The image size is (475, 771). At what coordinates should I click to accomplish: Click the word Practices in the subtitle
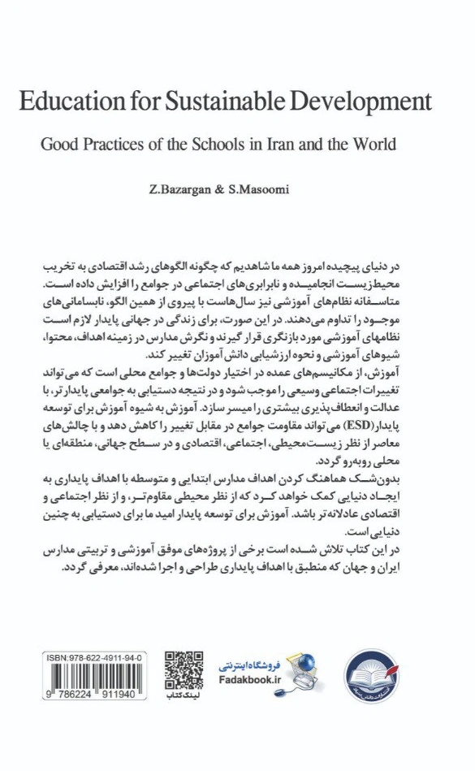point(110,145)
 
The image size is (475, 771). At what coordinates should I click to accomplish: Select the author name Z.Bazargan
point(196,189)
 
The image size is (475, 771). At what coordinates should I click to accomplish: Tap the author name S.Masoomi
point(265,189)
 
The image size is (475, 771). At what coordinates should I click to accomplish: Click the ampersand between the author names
point(230,189)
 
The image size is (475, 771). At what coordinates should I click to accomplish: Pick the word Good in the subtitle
point(58,145)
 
